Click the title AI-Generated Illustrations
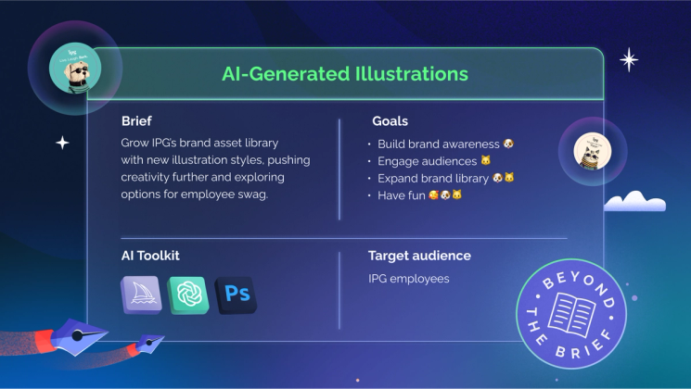tap(344, 72)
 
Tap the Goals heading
tap(390, 121)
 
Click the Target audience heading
tap(419, 256)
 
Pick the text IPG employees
tap(409, 278)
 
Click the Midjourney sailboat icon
tap(140, 295)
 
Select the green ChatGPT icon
tap(188, 295)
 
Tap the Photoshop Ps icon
tap(236, 295)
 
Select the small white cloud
tap(635, 200)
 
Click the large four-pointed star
tap(629, 60)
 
